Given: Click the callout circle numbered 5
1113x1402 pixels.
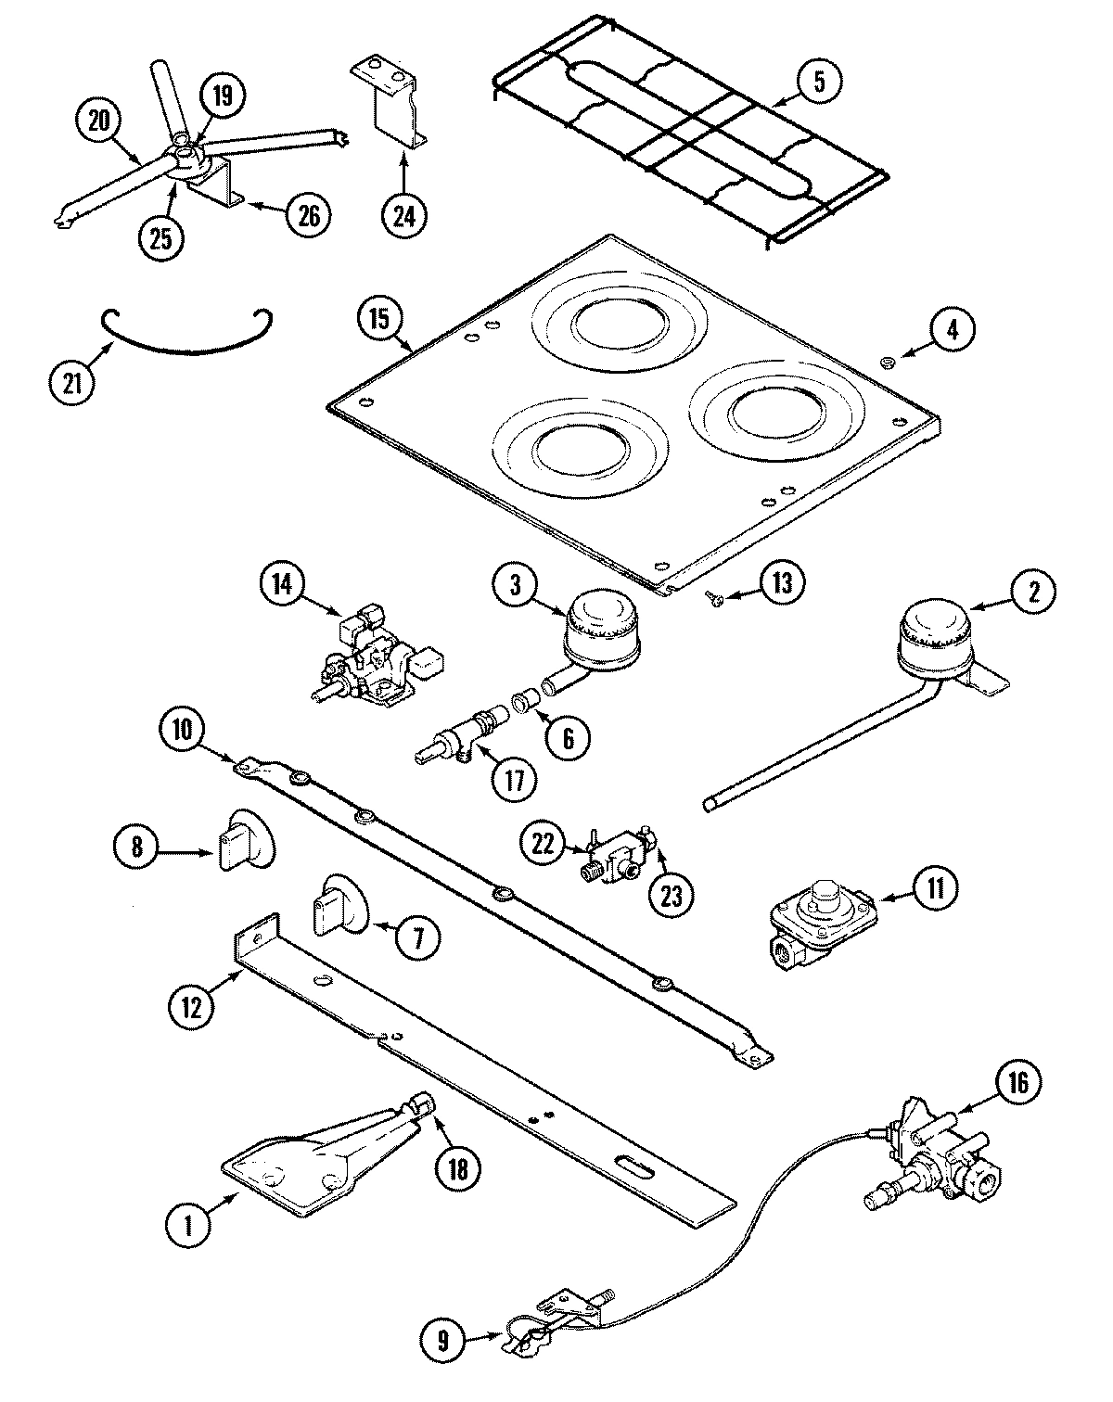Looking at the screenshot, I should [x=817, y=80].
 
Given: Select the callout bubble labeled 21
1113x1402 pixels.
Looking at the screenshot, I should [x=72, y=383].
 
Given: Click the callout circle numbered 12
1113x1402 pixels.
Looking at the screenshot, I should [x=191, y=1006].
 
